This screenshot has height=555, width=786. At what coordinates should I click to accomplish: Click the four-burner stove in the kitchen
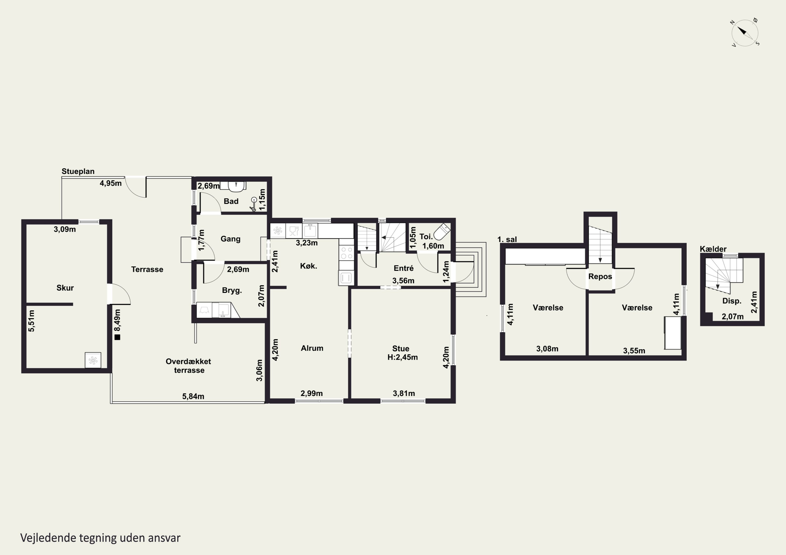(x=346, y=253)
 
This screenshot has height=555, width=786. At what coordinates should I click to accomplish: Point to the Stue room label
(x=401, y=349)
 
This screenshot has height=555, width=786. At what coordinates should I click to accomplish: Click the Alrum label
(x=312, y=348)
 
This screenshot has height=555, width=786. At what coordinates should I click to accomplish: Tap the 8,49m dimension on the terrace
(x=117, y=320)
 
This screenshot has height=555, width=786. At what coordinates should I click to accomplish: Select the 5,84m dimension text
(x=193, y=396)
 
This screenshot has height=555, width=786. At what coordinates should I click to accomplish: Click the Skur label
(x=65, y=288)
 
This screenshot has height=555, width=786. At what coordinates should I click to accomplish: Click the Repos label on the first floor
(x=600, y=276)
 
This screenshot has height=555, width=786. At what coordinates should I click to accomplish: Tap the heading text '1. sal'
(x=507, y=239)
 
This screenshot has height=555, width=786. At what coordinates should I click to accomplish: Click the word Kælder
(x=713, y=249)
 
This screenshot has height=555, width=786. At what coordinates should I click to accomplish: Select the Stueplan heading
(x=78, y=171)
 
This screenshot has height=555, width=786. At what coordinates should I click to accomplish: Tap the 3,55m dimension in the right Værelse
(x=634, y=351)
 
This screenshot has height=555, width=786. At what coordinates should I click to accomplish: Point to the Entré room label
(x=404, y=268)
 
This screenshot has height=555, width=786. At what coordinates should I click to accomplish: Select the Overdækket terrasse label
(x=189, y=366)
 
